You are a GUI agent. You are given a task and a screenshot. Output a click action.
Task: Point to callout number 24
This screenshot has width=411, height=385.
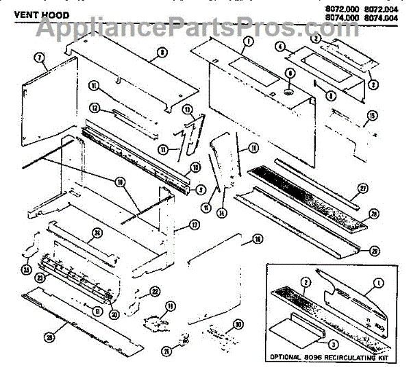(97, 233)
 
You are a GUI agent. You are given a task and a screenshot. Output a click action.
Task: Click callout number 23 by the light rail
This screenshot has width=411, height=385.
(40, 277)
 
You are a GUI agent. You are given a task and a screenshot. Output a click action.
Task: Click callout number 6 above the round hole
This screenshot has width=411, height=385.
(289, 73)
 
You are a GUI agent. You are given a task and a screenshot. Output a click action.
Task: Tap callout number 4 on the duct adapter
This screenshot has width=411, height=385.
(280, 47)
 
